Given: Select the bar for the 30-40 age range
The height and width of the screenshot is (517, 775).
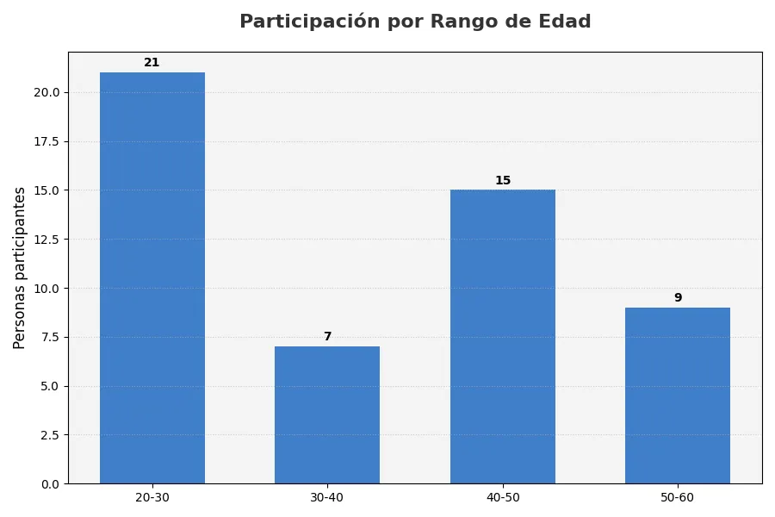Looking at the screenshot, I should pyautogui.click(x=327, y=414).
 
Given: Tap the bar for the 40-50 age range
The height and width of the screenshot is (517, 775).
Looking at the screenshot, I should pyautogui.click(x=503, y=336).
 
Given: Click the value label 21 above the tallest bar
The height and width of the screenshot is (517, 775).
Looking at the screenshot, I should pyautogui.click(x=152, y=63).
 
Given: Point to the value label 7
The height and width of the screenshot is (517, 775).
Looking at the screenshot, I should pyautogui.click(x=327, y=337).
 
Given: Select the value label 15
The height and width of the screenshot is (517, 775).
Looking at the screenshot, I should pyautogui.click(x=503, y=181).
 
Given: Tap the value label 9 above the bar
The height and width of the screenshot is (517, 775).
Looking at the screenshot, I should pyautogui.click(x=678, y=298).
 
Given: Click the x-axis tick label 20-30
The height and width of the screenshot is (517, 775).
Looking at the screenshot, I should pyautogui.click(x=152, y=498).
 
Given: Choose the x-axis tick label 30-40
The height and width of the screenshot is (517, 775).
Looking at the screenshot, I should pyautogui.click(x=327, y=498).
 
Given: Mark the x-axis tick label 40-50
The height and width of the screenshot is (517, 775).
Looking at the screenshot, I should pyautogui.click(x=503, y=498).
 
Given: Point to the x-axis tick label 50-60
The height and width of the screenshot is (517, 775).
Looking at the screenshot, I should pyautogui.click(x=678, y=498).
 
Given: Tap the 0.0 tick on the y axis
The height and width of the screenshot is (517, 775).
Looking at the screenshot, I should pyautogui.click(x=49, y=484).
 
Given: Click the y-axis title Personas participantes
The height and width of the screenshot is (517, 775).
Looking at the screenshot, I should pyautogui.click(x=20, y=268).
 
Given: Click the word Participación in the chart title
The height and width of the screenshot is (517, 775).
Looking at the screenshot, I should pyautogui.click(x=309, y=22).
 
